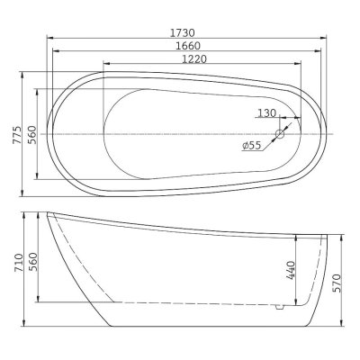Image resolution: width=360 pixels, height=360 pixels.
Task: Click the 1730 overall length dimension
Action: tap(183, 32)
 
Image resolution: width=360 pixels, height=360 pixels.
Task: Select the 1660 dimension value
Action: tap(188, 46)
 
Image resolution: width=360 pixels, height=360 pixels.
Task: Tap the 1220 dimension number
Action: tap(194, 58)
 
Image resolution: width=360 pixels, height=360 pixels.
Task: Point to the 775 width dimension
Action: tap(17, 135)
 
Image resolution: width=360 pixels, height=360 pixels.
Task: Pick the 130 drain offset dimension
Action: tap(266, 113)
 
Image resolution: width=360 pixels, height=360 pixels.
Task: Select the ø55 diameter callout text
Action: tap(251, 146)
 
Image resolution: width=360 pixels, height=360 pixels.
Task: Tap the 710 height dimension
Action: tap(19, 263)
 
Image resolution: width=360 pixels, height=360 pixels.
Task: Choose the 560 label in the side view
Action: tap(32, 262)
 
